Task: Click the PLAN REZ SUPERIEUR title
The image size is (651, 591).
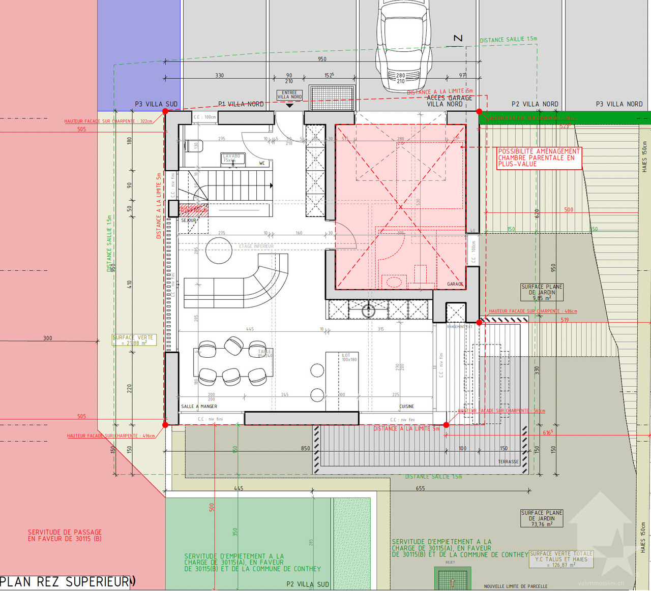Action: point(65,582)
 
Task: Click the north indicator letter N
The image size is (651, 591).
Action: point(458,39)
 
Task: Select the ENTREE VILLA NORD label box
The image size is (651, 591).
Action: point(289,95)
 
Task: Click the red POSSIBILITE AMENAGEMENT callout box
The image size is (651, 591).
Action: point(539,158)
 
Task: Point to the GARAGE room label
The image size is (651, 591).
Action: point(455,284)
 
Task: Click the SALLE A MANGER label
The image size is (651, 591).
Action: point(199,407)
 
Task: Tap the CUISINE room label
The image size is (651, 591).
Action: point(406,407)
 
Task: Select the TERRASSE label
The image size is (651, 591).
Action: point(508,461)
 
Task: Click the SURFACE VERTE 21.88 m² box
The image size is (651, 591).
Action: point(134,340)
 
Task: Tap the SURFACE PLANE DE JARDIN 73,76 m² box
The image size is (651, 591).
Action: point(542,518)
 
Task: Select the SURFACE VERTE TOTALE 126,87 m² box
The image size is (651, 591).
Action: point(561,559)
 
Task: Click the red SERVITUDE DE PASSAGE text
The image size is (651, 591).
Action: point(65,535)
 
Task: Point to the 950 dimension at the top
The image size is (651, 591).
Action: point(322,59)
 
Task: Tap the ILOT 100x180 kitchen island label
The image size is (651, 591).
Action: point(349,357)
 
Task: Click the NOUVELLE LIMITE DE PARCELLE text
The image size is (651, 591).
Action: point(516,586)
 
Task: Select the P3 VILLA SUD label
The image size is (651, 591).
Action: point(156,104)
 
